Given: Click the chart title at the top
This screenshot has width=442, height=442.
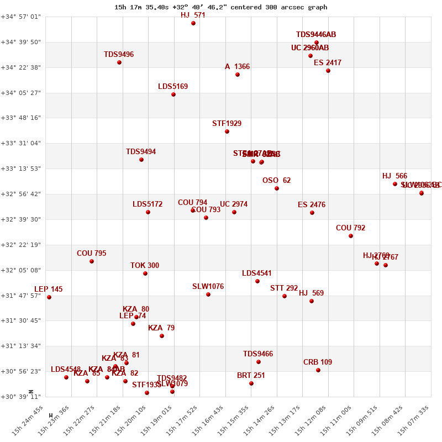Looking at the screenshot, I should point(220,7).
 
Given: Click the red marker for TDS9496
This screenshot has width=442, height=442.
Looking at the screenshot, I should point(119,62).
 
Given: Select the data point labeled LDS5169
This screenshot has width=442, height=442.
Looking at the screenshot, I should point(173,94).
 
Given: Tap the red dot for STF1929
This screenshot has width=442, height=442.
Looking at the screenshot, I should point(227,131).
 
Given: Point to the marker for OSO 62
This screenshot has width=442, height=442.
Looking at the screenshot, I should point(277,188).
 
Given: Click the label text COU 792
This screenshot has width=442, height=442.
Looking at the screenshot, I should point(350,228).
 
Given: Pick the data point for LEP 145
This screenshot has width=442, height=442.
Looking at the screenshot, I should point(49,297).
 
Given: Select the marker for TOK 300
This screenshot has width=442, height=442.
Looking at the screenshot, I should point(145,273).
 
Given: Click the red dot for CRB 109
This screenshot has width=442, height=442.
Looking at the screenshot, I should point(318,370).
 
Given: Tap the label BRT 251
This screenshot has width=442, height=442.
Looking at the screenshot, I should point(251,376).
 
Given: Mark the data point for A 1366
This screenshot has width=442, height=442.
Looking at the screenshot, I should point(238,75).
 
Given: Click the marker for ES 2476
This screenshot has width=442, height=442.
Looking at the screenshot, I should point(312,213).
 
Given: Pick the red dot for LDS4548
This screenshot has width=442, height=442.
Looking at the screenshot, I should point(66,377).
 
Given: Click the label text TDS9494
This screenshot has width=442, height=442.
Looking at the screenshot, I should point(141,152).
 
